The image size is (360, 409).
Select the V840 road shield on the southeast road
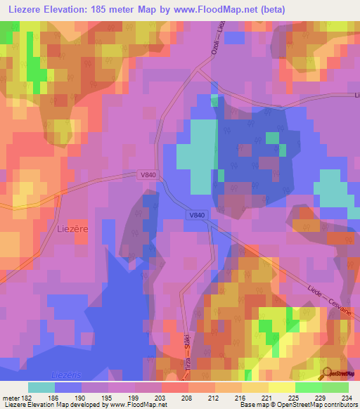[196, 215]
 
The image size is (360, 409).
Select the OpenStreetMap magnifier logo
[326, 373]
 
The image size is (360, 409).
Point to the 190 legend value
[82, 398]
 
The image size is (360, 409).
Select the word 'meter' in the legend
[11, 398]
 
